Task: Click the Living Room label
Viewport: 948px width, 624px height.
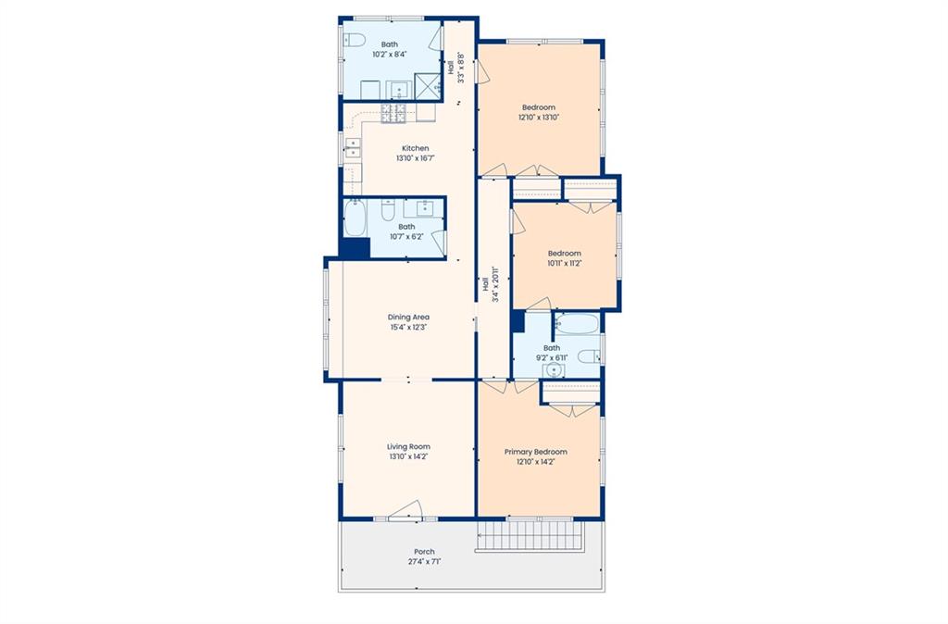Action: coord(408,447)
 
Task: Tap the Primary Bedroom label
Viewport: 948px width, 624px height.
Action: coord(536,452)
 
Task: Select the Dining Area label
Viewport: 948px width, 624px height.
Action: coord(408,317)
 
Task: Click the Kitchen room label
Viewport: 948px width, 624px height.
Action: coord(416,148)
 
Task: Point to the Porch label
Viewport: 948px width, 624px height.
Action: coord(424,552)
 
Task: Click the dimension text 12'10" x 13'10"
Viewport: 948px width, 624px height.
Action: coord(539,118)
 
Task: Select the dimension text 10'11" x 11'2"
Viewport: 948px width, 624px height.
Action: coord(565,264)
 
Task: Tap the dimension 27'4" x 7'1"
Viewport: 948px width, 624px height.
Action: coord(424,562)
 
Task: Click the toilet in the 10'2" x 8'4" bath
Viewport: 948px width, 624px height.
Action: coord(355,41)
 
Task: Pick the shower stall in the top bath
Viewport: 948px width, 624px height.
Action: coord(428,86)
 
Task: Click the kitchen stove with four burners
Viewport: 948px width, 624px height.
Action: coord(393,114)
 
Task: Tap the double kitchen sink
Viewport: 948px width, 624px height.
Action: coord(352,148)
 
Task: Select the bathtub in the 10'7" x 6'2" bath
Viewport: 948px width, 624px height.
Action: coord(355,218)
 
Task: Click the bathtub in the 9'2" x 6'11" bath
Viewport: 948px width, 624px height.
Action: coord(577,325)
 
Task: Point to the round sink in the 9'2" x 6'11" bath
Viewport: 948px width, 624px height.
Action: coord(553,370)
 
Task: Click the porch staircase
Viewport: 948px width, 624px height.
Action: coord(530,536)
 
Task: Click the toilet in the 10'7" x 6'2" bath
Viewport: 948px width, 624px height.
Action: coord(388,210)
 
